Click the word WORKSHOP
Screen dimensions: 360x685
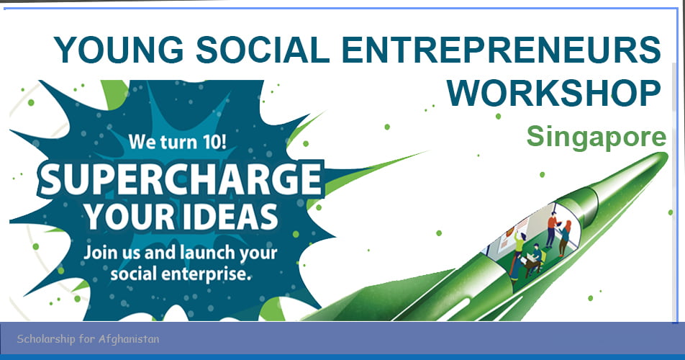(x=559, y=92)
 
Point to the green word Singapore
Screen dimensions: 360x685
(x=596, y=136)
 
